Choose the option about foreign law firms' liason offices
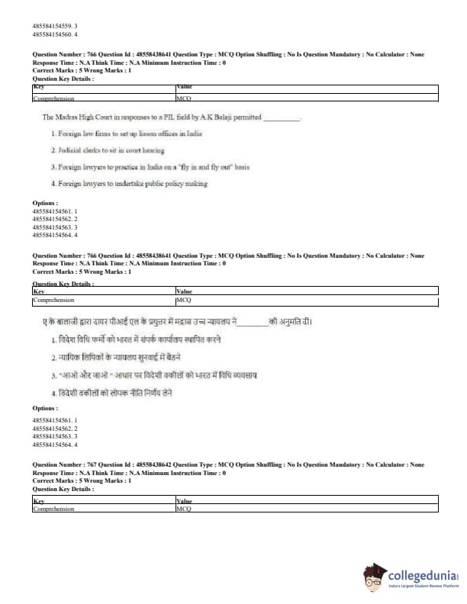tap(126, 133)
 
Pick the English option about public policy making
tap(129, 183)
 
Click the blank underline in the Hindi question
tap(253, 323)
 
